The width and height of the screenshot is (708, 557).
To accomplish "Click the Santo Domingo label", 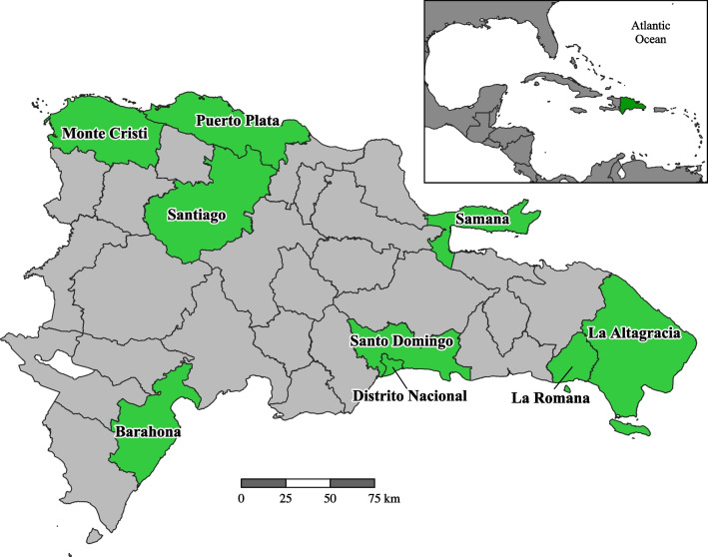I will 402,341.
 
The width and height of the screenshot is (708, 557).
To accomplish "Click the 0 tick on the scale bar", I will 242,497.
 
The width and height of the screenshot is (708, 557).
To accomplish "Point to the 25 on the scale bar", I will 286,497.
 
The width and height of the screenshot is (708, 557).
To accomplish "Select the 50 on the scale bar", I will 330,497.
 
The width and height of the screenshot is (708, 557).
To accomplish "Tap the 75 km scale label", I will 383,497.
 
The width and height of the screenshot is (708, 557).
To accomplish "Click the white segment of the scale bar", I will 308,483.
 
